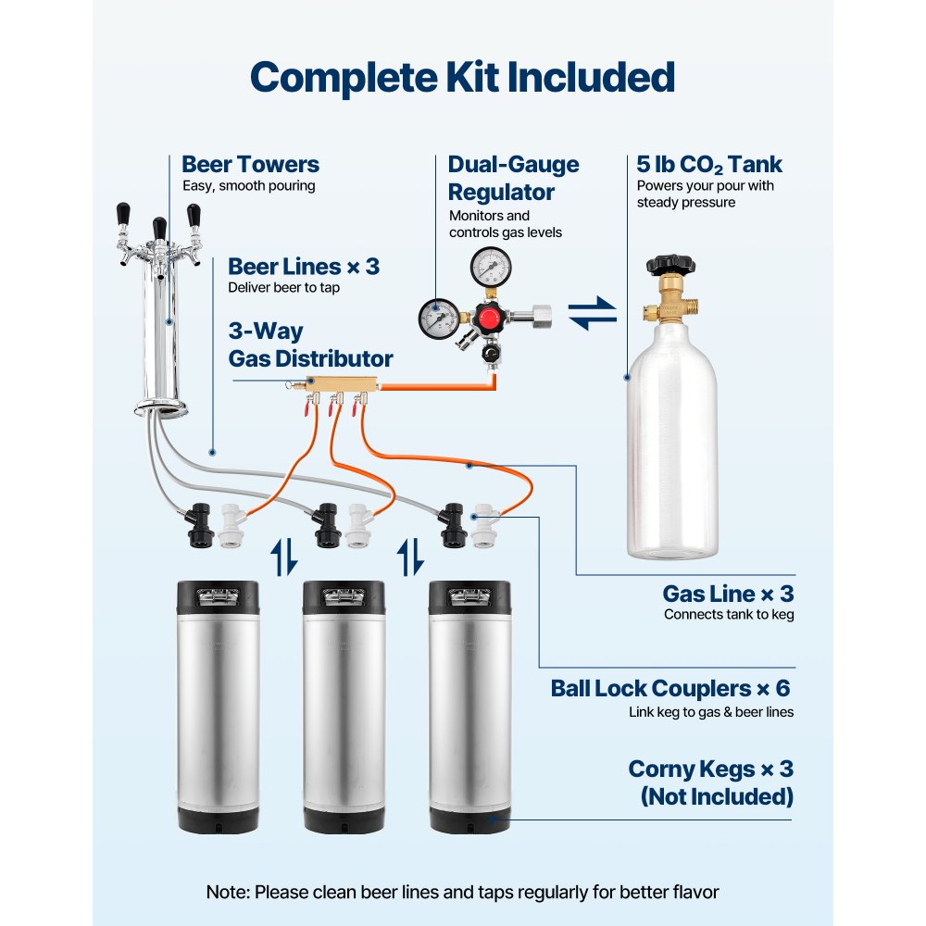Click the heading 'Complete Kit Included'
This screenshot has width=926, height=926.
point(462,78)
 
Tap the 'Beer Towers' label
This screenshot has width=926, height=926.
point(250,165)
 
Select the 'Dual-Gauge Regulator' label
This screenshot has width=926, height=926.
point(513,179)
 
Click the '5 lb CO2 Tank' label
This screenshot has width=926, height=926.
point(708,165)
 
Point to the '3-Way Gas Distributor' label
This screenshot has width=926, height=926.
point(309,344)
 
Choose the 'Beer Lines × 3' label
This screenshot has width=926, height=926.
point(303,267)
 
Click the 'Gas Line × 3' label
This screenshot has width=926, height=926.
point(728,594)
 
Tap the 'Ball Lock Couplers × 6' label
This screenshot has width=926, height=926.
point(670,688)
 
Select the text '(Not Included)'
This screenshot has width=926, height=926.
point(716,796)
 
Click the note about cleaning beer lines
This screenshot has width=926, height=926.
point(462,893)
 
